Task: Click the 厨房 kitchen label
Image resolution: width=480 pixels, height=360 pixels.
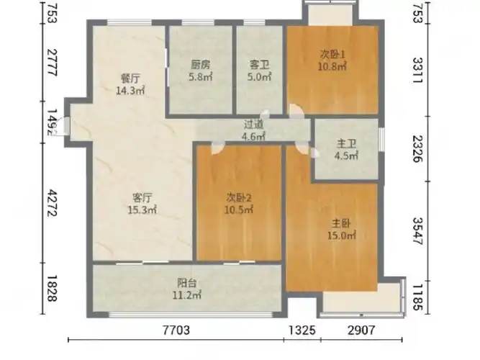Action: (199, 64)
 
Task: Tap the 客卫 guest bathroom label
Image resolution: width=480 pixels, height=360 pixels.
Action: (258, 64)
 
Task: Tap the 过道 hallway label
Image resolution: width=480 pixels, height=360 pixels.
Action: (253, 124)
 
